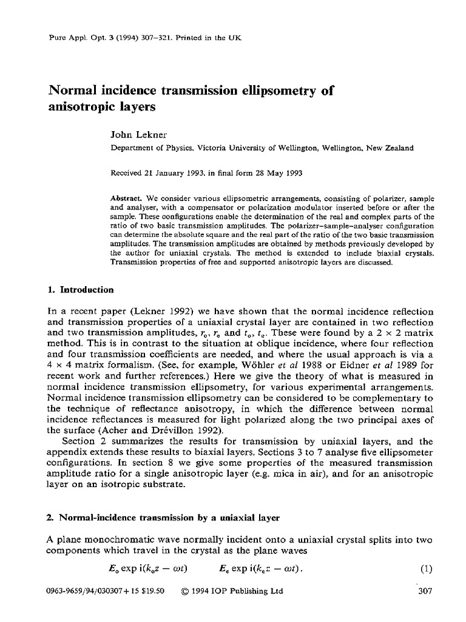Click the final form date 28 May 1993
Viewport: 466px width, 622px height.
point(276,173)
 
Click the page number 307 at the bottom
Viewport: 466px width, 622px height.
point(425,591)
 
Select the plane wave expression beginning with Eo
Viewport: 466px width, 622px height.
point(146,570)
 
